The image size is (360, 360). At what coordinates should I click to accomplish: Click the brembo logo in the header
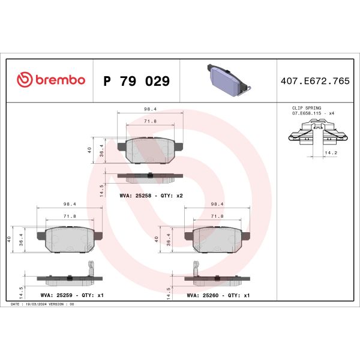[x=51, y=80]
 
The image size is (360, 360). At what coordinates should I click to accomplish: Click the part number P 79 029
[x=136, y=81]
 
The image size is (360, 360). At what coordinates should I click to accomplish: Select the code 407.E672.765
[x=315, y=81]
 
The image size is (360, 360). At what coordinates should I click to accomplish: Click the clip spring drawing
[x=315, y=133]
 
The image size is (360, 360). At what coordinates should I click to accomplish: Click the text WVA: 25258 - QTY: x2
[x=151, y=196]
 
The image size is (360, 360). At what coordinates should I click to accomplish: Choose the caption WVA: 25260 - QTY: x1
[x=218, y=296]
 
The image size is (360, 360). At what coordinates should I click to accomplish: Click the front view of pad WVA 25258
[x=150, y=150]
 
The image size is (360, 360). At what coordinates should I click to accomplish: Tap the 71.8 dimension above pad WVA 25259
[x=70, y=215]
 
